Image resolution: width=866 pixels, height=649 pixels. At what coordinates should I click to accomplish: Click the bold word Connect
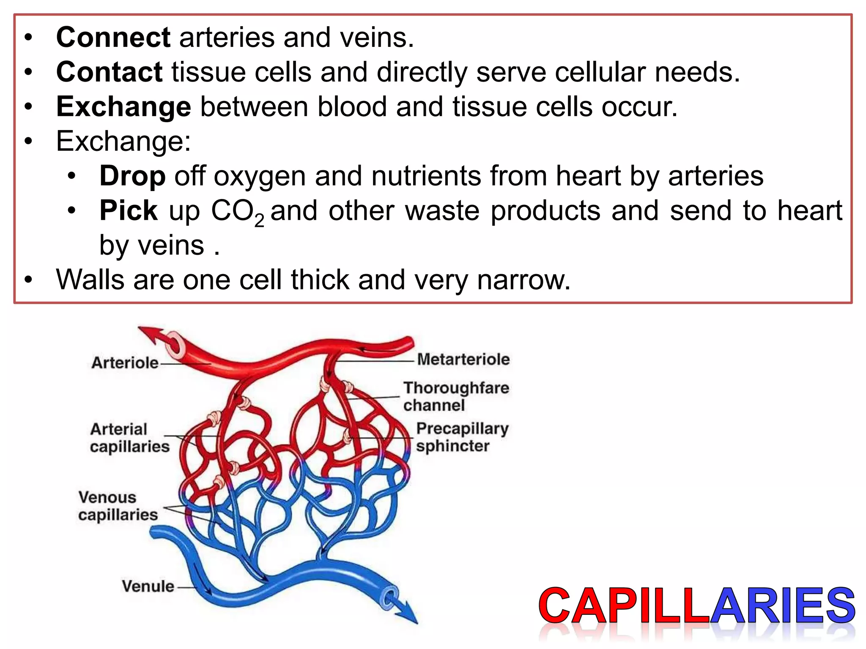tap(113, 37)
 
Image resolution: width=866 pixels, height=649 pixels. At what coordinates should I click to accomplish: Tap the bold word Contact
tap(109, 72)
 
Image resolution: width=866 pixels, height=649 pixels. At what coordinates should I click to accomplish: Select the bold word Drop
tap(132, 176)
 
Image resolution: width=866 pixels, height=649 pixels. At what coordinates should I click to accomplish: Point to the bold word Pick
tap(128, 210)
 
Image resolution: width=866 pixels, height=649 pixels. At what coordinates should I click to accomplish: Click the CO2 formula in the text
tap(237, 212)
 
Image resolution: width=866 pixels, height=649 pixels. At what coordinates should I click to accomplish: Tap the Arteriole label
tap(125, 363)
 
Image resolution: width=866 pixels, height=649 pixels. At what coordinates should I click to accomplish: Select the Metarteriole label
tap(463, 359)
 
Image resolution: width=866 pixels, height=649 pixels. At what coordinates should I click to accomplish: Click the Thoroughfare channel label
tap(456, 396)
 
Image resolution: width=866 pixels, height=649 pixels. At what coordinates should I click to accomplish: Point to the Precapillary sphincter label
tap(462, 437)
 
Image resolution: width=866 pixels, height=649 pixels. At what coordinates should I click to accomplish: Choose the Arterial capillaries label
tap(129, 438)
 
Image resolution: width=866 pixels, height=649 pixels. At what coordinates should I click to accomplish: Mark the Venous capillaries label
tap(118, 506)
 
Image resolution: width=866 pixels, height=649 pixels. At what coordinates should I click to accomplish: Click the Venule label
tap(148, 586)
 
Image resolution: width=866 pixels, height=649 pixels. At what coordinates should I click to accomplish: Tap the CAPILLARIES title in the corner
tap(697, 606)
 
